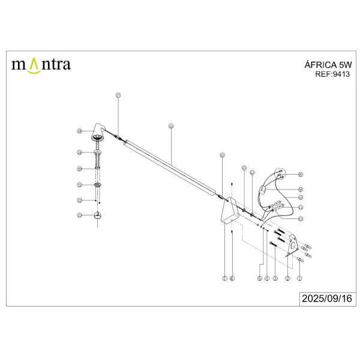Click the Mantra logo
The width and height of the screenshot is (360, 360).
41,64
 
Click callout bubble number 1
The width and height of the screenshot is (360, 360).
300,278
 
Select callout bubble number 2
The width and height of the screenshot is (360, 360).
288,278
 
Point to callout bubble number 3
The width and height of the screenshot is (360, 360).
275,278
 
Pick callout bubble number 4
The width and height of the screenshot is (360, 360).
266,278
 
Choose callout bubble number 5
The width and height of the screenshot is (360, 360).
259,278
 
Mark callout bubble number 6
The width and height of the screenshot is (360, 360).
232,278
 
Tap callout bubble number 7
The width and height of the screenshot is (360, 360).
224,278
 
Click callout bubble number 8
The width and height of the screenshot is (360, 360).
300,175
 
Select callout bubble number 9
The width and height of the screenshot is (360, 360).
300,189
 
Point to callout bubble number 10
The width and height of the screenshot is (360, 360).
300,197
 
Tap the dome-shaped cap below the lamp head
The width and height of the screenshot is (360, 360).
98,217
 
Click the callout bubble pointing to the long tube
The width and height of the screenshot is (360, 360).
171,126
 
